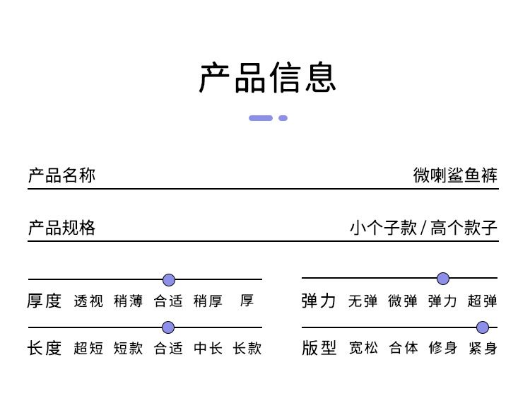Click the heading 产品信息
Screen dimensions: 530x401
tap(267, 78)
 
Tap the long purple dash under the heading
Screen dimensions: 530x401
tap(261, 118)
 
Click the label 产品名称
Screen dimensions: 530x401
tap(61, 175)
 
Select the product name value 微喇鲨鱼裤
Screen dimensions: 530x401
tap(456, 175)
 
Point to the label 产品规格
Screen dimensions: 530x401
tap(61, 228)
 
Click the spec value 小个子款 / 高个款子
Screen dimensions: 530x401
tap(423, 228)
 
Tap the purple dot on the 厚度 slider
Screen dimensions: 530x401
tap(169, 279)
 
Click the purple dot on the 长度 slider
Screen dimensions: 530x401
tap(168, 327)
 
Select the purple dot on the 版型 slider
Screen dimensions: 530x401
tap(483, 327)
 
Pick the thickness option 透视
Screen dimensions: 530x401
tap(88, 301)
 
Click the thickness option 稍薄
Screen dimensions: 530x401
tap(128, 301)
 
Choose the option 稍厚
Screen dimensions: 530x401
tap(208, 301)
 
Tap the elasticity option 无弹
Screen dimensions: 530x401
tap(363, 301)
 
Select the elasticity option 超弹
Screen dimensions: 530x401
tap(483, 301)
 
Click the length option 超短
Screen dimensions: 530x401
tap(88, 349)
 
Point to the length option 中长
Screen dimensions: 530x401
tap(208, 349)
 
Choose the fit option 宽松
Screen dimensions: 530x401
tap(363, 349)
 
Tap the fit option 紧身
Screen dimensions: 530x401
tap(483, 349)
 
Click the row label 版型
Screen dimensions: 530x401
tap(319, 349)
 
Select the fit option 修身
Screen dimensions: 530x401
tap(443, 349)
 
